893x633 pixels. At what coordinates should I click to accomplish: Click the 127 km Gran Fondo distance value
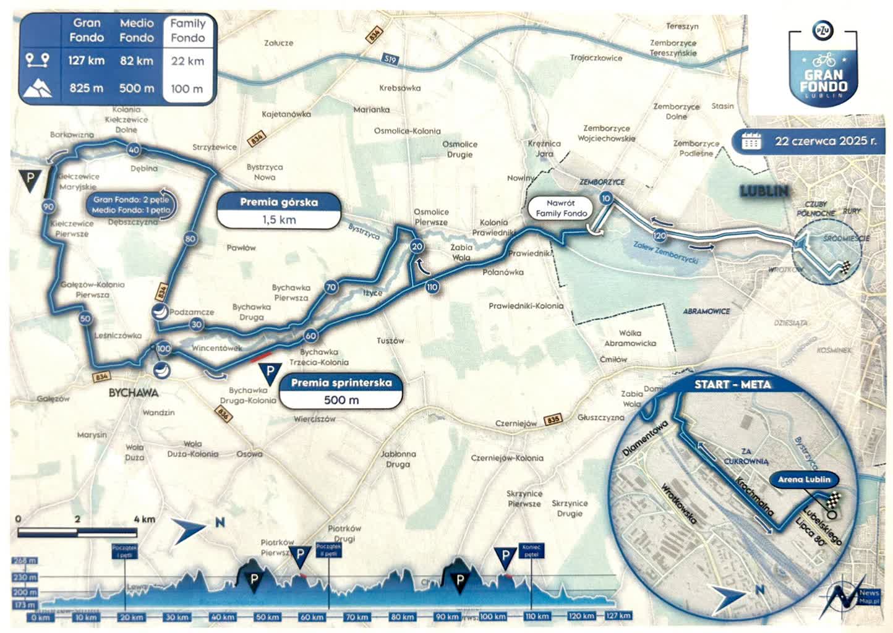tap(86, 61)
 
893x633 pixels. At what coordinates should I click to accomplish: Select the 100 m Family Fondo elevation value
tap(187, 88)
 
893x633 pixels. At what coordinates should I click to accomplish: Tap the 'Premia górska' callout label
tap(279, 202)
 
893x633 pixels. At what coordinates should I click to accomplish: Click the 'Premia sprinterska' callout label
tap(341, 383)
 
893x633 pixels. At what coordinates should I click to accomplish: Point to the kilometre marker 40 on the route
tap(134, 150)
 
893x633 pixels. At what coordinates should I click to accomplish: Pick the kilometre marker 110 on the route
tap(432, 287)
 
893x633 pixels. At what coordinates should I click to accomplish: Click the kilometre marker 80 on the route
tap(190, 239)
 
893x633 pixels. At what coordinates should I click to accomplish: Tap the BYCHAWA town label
tap(134, 393)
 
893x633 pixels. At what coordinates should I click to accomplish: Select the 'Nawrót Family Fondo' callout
tap(561, 208)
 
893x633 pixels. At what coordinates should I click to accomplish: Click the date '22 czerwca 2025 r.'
tap(825, 141)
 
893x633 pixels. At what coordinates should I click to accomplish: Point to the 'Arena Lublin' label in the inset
tap(804, 479)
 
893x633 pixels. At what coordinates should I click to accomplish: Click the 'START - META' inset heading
tap(732, 384)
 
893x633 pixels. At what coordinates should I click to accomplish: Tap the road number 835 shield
tap(553, 420)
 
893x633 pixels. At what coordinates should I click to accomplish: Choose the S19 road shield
tap(390, 60)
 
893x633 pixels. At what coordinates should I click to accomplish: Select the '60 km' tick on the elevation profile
tap(312, 616)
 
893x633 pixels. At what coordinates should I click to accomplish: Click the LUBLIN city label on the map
tap(764, 191)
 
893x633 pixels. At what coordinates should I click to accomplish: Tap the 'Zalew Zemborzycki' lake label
tap(666, 252)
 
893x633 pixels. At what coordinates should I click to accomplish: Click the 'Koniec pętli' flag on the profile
tap(531, 550)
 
